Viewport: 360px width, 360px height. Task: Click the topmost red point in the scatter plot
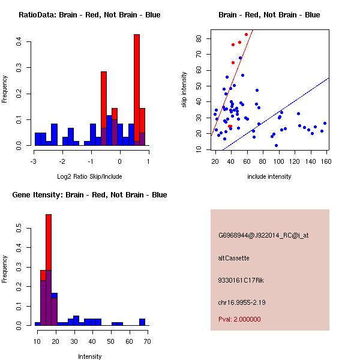[246, 34]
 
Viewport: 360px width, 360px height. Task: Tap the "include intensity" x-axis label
[269, 176]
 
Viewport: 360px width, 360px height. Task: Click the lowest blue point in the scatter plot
[276, 145]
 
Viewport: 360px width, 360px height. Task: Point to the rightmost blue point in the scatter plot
[325, 124]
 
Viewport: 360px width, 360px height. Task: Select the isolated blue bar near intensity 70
[142, 322]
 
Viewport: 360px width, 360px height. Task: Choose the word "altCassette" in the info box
[233, 258]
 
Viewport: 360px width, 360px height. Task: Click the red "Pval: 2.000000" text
[239, 319]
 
